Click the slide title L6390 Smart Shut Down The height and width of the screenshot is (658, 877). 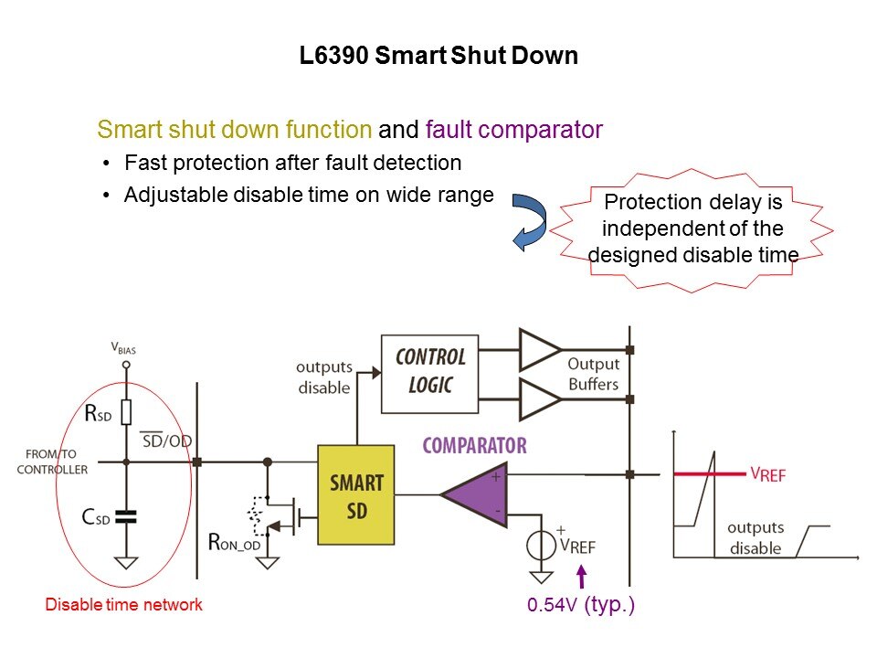(438, 56)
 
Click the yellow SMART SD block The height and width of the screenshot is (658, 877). (356, 494)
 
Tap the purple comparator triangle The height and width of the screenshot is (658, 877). (476, 494)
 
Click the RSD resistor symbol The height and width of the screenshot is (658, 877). (127, 413)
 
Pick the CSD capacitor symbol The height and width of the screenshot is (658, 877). (127, 518)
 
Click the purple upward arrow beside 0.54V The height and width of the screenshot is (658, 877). (581, 578)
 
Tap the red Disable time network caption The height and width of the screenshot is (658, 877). (124, 604)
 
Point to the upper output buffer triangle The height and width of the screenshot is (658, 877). (539, 350)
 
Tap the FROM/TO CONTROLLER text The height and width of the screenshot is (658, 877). (58, 462)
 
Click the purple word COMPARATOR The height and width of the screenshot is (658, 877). (474, 446)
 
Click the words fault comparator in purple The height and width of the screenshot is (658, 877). (513, 130)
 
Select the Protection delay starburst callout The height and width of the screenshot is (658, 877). (692, 228)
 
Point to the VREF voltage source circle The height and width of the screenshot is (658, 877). (541, 546)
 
